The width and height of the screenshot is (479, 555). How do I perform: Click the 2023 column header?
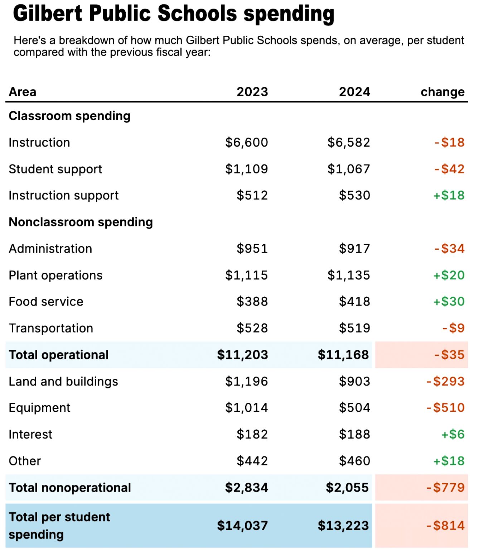pos(252,92)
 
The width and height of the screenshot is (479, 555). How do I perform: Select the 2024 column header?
pos(354,92)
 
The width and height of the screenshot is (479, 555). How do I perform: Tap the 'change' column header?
pos(442,92)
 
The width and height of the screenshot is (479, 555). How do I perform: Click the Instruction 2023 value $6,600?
pos(246,142)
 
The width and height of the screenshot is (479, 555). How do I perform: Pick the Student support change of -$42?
pos(449,169)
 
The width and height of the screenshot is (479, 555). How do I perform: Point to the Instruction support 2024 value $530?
pos(354,195)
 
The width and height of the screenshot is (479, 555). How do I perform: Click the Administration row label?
pos(50,249)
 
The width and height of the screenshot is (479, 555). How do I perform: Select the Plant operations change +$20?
pos(449,275)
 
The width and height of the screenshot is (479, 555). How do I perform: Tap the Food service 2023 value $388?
pos(252,302)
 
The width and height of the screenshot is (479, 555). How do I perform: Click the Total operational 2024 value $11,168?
pos(343,355)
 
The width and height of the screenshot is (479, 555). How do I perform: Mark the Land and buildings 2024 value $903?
pos(354,381)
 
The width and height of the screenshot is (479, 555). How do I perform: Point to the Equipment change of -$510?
pos(445,408)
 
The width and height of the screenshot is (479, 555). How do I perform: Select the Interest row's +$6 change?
pos(453,434)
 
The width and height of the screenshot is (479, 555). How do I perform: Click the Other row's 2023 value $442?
pos(252,461)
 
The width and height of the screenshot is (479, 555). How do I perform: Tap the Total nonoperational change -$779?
pos(445,487)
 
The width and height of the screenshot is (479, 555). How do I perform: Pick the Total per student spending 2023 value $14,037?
pos(242,526)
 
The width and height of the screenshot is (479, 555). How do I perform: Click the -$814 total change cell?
pos(445,526)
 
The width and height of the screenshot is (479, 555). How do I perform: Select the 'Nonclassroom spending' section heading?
pos(81,222)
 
